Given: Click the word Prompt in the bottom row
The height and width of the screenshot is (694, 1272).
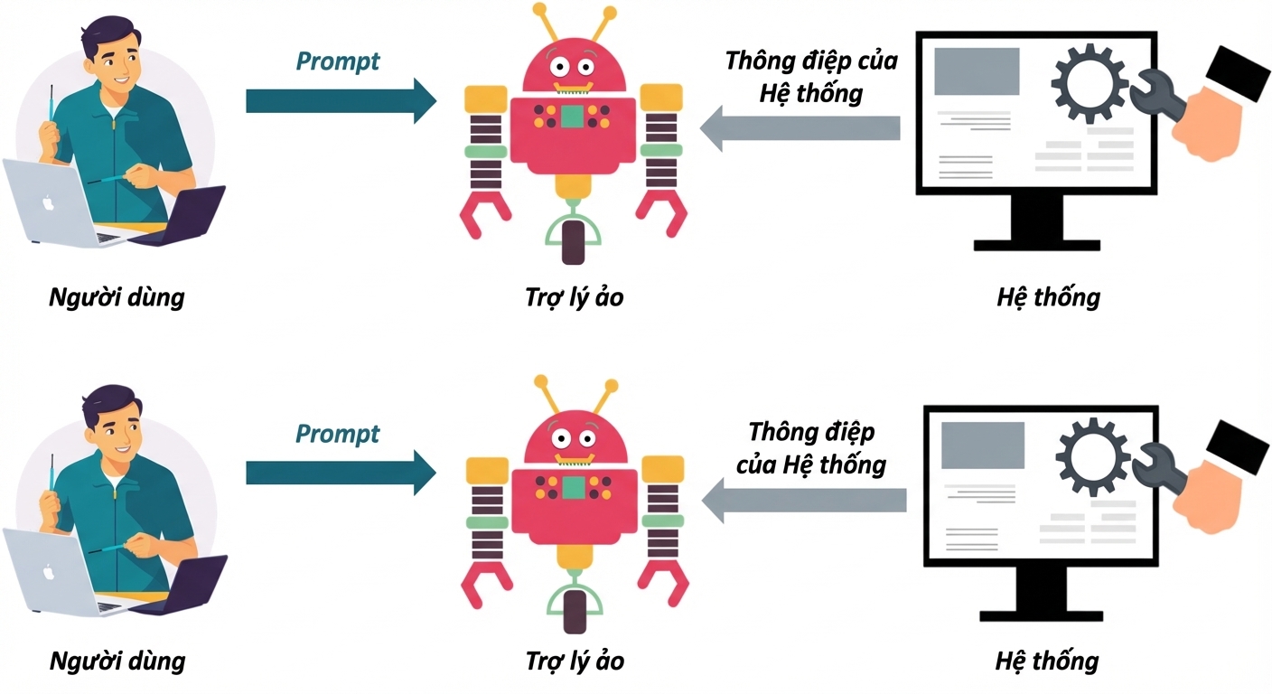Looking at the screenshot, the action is [x=337, y=435].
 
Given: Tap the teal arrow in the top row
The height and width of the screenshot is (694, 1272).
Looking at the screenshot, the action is [x=341, y=101].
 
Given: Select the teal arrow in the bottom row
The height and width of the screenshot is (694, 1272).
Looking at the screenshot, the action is [x=341, y=474].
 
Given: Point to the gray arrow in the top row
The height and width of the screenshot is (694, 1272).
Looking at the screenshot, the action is [x=800, y=128].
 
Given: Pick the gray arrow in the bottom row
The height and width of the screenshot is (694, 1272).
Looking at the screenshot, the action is [x=804, y=501].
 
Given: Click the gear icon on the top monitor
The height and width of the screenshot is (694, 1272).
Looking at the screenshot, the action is [x=1090, y=84].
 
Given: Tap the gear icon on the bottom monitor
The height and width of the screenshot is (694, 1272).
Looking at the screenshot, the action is [x=1092, y=457].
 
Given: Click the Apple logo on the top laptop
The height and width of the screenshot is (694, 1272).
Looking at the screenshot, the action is [x=48, y=202].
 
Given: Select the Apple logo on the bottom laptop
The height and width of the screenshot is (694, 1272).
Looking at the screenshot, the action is [x=49, y=572].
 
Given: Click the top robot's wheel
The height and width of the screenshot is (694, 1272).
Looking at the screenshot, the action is [x=573, y=242].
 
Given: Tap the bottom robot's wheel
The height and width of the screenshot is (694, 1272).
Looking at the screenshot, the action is [x=574, y=612].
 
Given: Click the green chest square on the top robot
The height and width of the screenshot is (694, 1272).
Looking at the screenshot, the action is [x=572, y=117].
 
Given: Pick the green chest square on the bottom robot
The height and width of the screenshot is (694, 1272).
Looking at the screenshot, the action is [x=574, y=488].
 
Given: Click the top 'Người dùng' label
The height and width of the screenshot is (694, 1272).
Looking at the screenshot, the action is [x=117, y=297].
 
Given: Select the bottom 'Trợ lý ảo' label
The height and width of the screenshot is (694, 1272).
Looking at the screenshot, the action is [x=575, y=661].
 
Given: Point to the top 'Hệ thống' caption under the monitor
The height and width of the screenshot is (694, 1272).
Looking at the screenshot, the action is [x=1048, y=297].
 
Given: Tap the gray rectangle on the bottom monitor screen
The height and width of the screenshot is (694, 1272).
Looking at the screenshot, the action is [x=983, y=445].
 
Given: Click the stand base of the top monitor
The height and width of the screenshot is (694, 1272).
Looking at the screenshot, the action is [x=1037, y=246].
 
